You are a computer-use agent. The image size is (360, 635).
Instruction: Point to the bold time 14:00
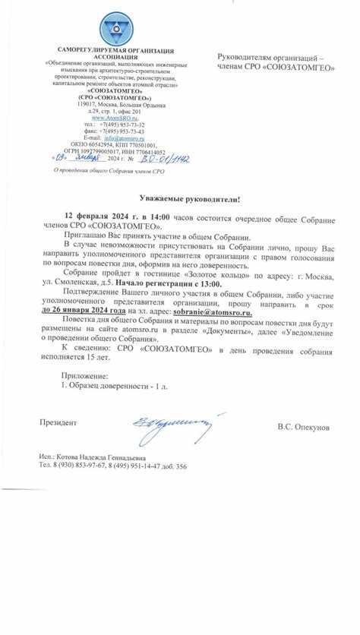coord(153,217)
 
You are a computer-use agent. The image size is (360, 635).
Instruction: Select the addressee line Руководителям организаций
coord(269,58)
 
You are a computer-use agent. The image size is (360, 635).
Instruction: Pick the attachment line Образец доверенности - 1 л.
coord(118,386)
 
